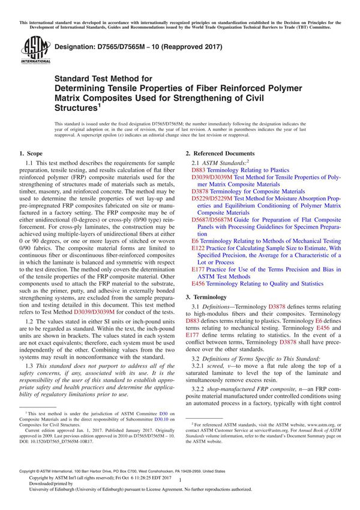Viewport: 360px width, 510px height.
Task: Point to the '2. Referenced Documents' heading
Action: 220,154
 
